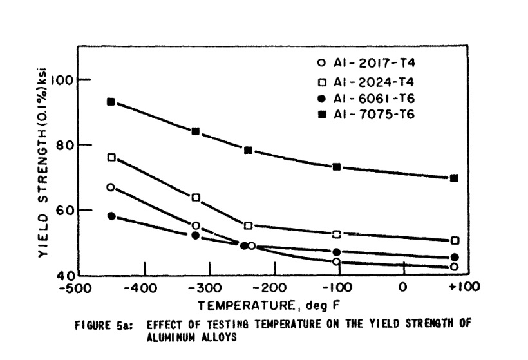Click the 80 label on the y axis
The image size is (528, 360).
point(67,145)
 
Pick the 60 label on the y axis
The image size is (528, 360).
point(67,211)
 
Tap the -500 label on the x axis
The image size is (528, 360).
point(75,287)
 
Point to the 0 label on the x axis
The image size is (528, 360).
point(402,287)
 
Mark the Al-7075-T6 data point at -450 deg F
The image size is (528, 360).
point(111,102)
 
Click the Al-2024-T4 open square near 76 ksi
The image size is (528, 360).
point(111,157)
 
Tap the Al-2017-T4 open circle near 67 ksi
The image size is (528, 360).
point(111,187)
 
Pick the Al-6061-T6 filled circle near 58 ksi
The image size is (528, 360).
point(111,216)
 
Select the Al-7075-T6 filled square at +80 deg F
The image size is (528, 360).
point(455,178)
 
